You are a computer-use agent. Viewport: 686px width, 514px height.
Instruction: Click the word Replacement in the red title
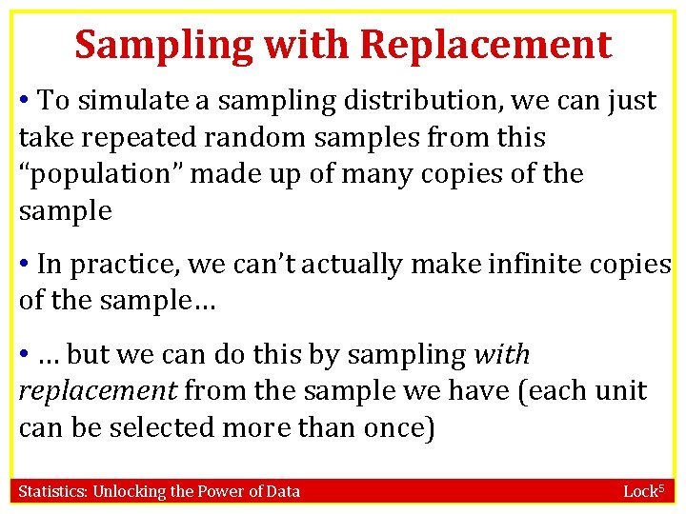pyautogui.click(x=485, y=45)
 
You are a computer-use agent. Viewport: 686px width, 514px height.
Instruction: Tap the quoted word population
pyautogui.click(x=91, y=175)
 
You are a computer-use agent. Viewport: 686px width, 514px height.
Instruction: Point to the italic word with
pyautogui.click(x=501, y=354)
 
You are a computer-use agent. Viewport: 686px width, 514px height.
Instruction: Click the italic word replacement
pyautogui.click(x=97, y=391)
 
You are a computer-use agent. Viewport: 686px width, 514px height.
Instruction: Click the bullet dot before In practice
pyautogui.click(x=26, y=263)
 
